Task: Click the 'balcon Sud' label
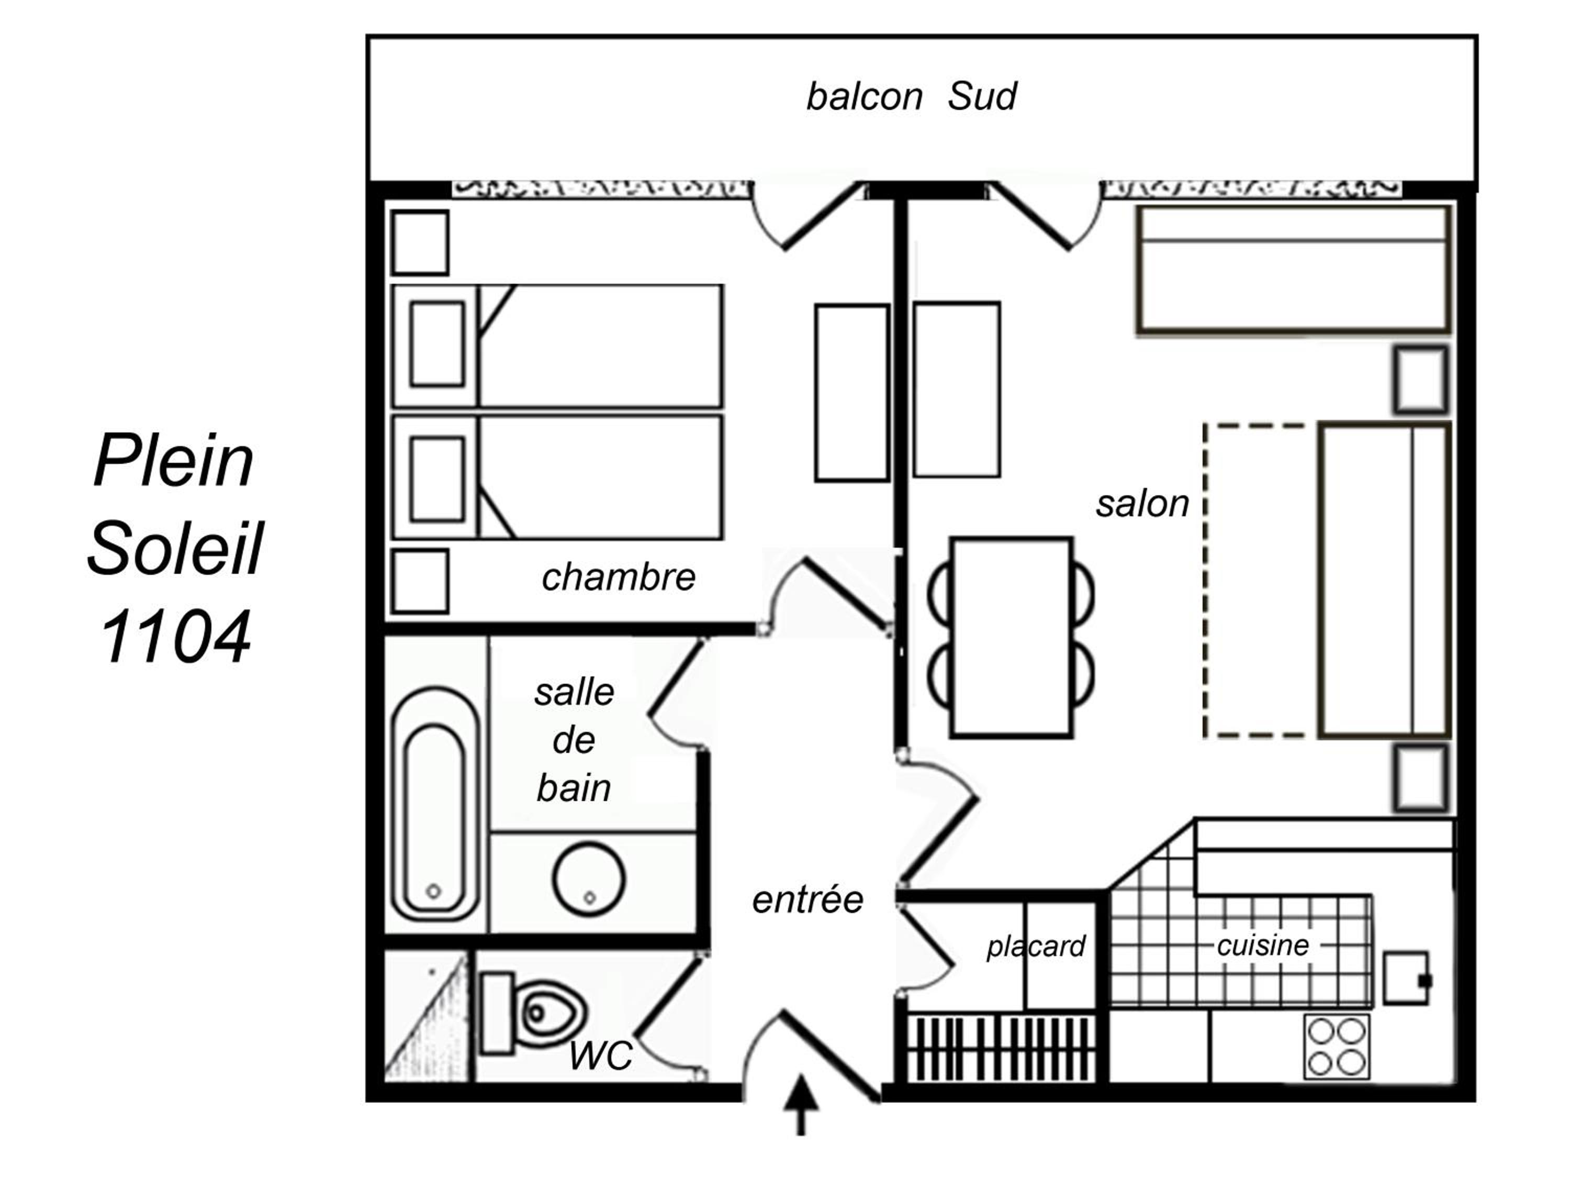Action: (x=911, y=96)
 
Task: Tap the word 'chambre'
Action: (x=618, y=577)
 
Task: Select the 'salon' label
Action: (x=1142, y=504)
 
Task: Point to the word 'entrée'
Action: (x=808, y=899)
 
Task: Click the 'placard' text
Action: (x=1036, y=947)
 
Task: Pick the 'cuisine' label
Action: (x=1263, y=945)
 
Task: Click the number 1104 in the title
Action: (x=175, y=636)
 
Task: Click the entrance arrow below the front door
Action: (x=801, y=1105)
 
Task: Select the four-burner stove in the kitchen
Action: (x=1337, y=1047)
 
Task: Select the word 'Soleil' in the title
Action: (x=175, y=548)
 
